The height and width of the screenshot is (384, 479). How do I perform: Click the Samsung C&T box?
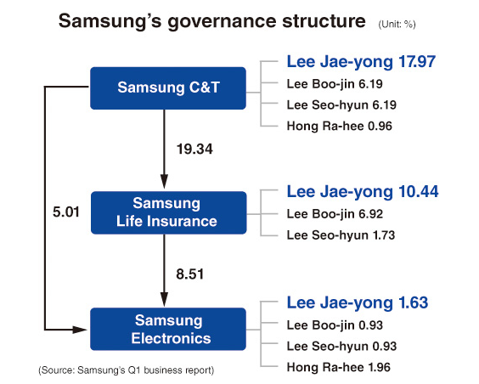pos(168,88)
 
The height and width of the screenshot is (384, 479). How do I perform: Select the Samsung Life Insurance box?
pos(168,212)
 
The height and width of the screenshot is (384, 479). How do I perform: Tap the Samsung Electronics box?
pos(168,329)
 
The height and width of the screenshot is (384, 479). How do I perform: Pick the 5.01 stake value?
pos(65,208)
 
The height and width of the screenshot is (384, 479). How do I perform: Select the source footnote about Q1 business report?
pos(126,370)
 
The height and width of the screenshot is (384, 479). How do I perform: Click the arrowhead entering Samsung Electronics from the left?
pos(86,329)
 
